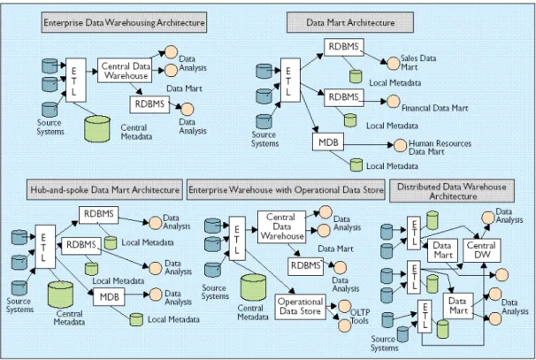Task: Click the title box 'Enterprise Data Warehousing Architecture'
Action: pyautogui.click(x=124, y=23)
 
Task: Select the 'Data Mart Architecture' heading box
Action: pyautogui.click(x=350, y=23)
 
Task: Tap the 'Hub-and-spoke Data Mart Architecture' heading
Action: pyautogui.click(x=104, y=190)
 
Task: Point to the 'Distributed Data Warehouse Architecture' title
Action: pyautogui.click(x=452, y=191)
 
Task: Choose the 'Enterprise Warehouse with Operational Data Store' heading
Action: pyautogui.click(x=286, y=190)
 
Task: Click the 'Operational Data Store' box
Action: pyautogui.click(x=301, y=307)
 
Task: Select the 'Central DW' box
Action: pyautogui.click(x=482, y=250)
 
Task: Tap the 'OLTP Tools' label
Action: pyautogui.click(x=360, y=317)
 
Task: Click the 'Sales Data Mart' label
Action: pyautogui.click(x=418, y=63)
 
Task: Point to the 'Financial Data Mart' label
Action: pyautogui.click(x=434, y=109)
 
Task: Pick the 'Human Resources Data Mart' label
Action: pyautogui.click(x=440, y=148)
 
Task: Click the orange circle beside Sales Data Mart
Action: pyautogui.click(x=393, y=64)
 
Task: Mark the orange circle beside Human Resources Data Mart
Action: pyautogui.click(x=400, y=145)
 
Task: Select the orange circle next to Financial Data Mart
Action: pyautogui.click(x=393, y=102)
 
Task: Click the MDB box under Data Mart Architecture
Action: pyautogui.click(x=328, y=142)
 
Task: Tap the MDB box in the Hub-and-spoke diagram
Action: pyautogui.click(x=109, y=296)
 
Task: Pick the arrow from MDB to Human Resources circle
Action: pyautogui.click(x=369, y=145)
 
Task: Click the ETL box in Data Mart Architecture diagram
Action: pyautogui.click(x=290, y=80)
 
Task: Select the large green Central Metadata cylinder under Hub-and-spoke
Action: pyautogui.click(x=60, y=295)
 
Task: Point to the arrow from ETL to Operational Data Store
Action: pyautogui.click(x=269, y=272)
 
